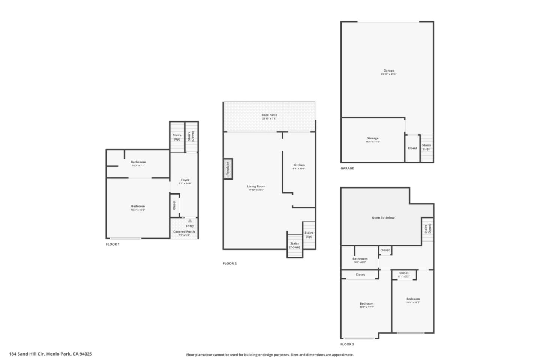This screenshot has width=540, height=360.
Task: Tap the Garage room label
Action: click(x=388, y=71)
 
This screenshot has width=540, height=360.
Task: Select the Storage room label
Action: click(x=373, y=139)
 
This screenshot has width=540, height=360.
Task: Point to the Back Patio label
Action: click(x=269, y=115)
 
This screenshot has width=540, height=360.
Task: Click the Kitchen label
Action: click(x=299, y=165)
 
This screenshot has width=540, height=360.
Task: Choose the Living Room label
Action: click(x=256, y=187)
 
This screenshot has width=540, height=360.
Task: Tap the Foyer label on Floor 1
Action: click(x=185, y=180)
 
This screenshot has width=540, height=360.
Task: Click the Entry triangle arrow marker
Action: click(x=190, y=221)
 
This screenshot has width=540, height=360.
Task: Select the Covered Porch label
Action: click(x=184, y=232)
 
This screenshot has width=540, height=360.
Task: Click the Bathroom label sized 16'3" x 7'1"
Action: click(x=138, y=162)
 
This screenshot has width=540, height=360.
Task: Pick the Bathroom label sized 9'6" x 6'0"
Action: click(x=360, y=259)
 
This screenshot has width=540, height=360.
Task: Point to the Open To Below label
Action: click(x=383, y=218)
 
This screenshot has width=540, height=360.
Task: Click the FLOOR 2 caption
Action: click(x=229, y=264)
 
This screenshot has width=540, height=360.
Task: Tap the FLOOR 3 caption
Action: click(x=347, y=344)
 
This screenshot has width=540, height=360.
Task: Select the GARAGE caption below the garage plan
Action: click(x=347, y=168)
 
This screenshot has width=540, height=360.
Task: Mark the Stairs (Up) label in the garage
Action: click(x=426, y=147)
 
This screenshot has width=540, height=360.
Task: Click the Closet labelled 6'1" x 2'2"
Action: click(x=404, y=273)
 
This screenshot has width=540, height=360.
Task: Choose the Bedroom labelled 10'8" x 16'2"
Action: click(x=413, y=299)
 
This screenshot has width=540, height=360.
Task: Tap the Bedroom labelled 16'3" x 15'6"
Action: click(x=138, y=207)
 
